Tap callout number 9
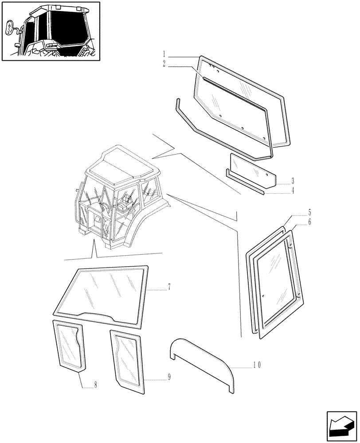(169, 377)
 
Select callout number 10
(257, 365)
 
